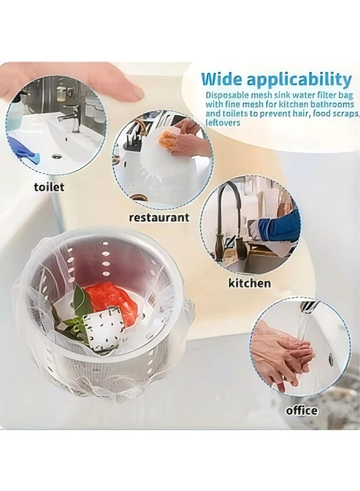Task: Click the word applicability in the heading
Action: [x=302, y=80]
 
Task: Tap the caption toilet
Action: [x=49, y=187]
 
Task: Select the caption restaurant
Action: [x=159, y=218]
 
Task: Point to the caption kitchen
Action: [x=250, y=283]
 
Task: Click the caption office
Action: [x=301, y=410]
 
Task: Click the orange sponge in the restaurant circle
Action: [x=167, y=140]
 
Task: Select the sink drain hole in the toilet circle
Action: [x=57, y=157]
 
